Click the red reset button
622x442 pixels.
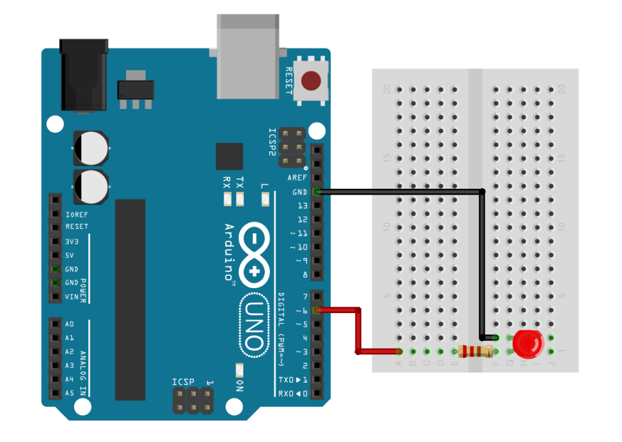tap(312, 81)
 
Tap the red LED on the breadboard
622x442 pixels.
tap(527, 345)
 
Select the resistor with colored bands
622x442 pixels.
tap(476, 351)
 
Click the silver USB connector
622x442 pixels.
tap(249, 57)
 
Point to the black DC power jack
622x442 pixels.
tap(83, 74)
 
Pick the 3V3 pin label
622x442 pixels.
tap(72, 241)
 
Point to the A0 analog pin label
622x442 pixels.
tap(70, 324)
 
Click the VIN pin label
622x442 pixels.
tap(71, 296)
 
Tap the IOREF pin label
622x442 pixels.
tap(76, 213)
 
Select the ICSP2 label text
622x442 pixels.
tap(272, 142)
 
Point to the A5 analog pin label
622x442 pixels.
tap(70, 392)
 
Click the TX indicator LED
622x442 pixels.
tap(240, 200)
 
